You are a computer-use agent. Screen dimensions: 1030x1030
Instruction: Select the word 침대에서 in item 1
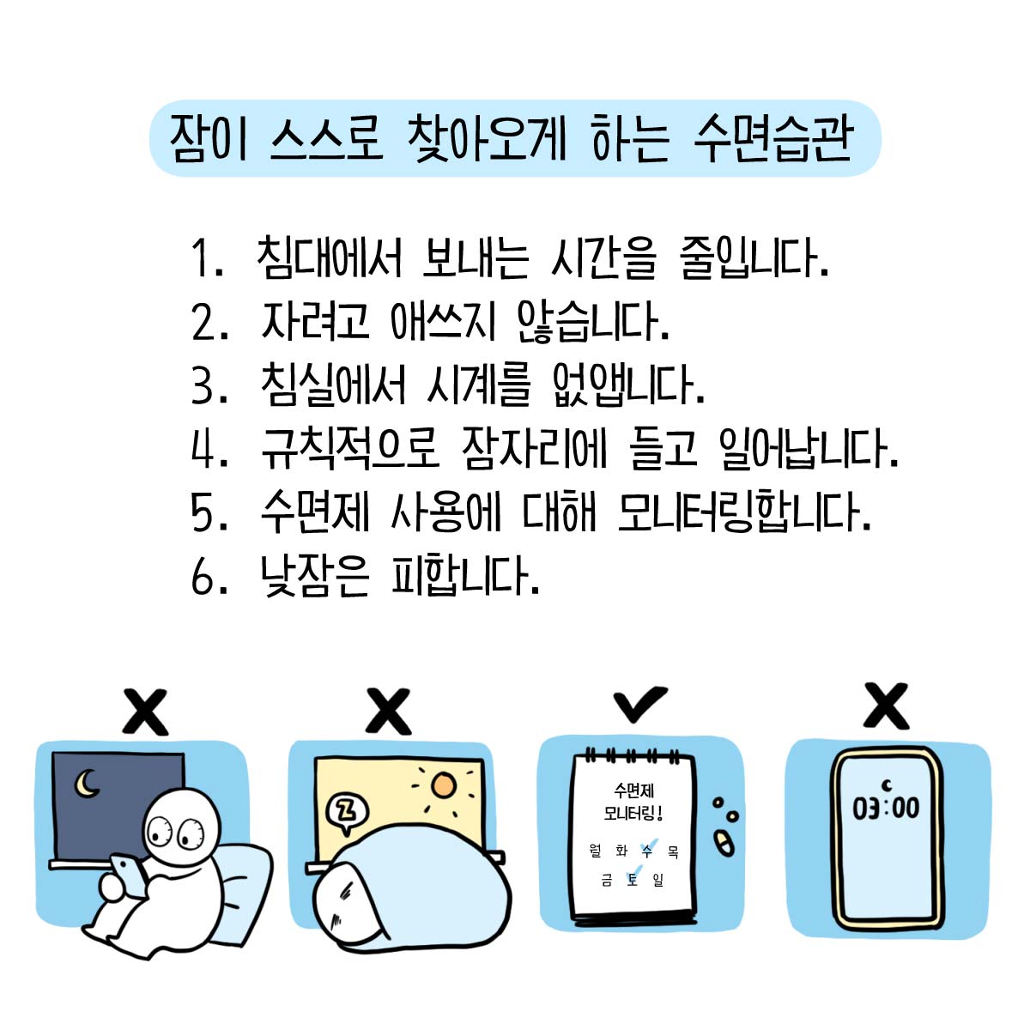coord(330,257)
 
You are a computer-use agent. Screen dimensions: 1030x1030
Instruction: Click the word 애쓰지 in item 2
coord(444,322)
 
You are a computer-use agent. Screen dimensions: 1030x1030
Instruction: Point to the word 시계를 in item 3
coord(479,385)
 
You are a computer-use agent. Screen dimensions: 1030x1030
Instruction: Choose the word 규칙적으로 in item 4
coord(350,448)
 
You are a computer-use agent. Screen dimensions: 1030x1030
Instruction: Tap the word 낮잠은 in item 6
coord(314,575)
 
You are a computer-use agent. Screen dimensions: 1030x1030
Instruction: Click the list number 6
coord(202,575)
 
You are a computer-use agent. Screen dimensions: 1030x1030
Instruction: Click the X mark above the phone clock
coord(886,706)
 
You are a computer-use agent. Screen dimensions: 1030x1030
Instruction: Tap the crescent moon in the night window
coord(87,785)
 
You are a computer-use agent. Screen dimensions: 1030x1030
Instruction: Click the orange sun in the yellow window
coord(444,785)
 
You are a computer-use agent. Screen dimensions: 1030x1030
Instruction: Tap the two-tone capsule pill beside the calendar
coord(724,843)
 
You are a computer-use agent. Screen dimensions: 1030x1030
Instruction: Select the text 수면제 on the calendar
coord(634,790)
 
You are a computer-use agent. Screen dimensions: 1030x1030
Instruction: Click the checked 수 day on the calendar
coord(647,851)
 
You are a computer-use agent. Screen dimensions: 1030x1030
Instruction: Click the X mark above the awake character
coord(145,712)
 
